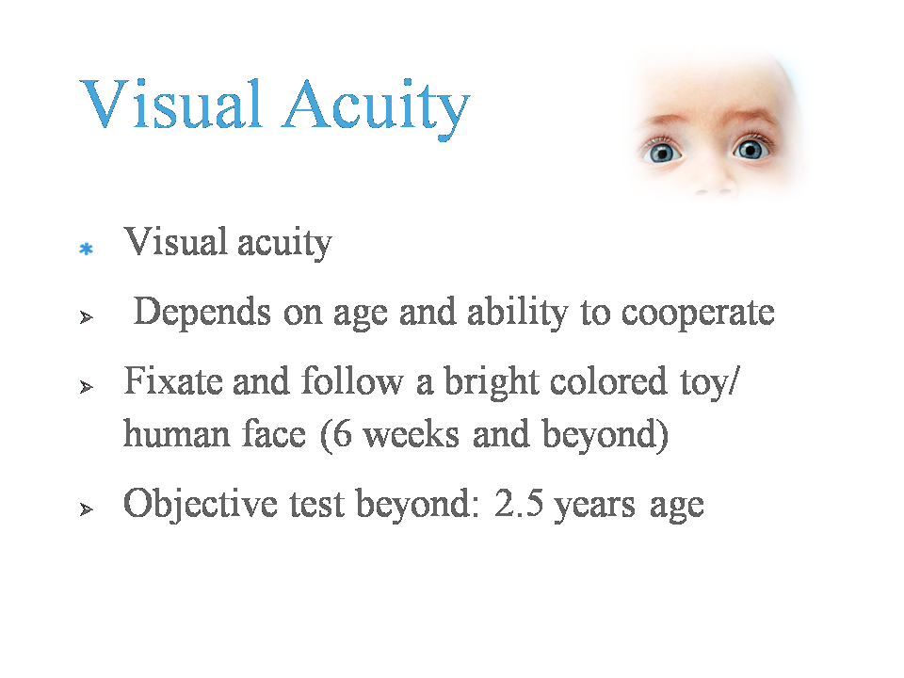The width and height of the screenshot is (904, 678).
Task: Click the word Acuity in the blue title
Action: (376, 107)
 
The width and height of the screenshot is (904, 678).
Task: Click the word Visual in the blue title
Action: (171, 104)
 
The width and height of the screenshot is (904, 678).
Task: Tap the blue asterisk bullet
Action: (87, 249)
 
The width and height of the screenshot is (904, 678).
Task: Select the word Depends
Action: (202, 313)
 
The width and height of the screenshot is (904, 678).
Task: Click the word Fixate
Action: (173, 381)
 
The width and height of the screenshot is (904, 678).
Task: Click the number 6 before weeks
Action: (343, 433)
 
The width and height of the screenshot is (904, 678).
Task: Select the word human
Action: (177, 433)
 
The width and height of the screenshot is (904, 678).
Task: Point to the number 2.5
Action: (519, 502)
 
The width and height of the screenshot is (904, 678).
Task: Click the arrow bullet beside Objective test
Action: (87, 509)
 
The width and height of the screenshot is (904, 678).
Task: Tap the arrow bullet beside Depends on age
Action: (87, 317)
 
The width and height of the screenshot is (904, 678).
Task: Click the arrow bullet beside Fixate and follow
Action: (87, 387)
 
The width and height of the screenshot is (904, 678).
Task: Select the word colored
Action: (608, 381)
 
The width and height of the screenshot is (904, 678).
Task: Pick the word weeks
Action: (412, 433)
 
